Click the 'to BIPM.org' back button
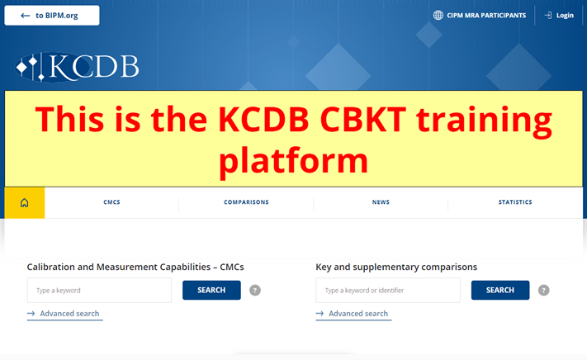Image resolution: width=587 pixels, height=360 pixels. point(52,16)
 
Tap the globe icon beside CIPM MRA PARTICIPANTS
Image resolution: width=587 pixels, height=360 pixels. point(438,16)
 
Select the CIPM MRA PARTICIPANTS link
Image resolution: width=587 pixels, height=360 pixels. point(486,16)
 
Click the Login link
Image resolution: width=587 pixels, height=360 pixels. point(559,16)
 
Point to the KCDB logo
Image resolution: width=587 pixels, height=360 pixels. point(77,67)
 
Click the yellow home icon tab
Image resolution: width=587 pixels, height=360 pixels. point(24,202)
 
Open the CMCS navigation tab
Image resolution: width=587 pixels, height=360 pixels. point(111,202)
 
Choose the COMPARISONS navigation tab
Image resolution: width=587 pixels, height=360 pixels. point(246,202)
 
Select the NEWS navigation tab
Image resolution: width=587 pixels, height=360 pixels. point(381,202)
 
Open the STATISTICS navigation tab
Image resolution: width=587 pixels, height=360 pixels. point(515,202)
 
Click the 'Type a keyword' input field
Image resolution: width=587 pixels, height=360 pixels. point(99,290)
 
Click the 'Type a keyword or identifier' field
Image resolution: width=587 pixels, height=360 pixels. point(388,290)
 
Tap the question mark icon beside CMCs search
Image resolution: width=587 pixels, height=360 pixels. point(255,290)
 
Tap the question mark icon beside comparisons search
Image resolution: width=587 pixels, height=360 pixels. point(543,290)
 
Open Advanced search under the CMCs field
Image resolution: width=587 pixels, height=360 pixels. point(64,314)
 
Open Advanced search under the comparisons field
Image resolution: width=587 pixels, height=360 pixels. point(353,314)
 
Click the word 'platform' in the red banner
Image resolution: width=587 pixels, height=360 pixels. point(294,161)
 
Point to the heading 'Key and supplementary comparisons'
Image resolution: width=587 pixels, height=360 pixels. point(396,267)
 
